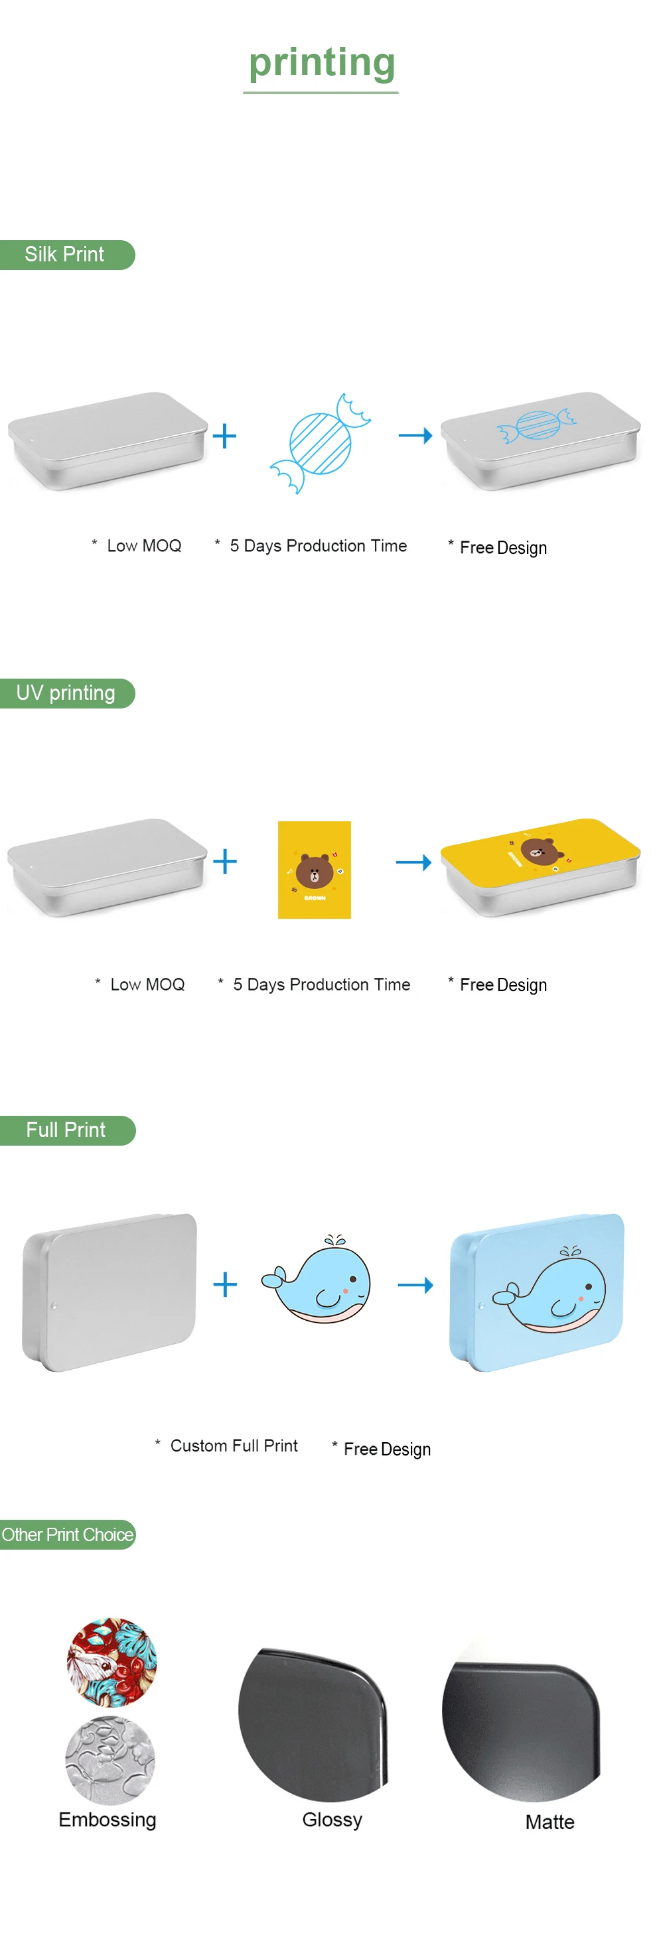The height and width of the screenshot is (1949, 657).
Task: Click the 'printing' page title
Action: pos(322,62)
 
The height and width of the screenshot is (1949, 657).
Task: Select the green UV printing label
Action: pos(66,693)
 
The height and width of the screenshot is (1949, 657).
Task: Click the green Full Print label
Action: pos(66,1130)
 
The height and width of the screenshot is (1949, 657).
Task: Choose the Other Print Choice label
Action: pos(68,1534)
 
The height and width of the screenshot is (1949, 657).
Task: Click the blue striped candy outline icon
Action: pos(320,442)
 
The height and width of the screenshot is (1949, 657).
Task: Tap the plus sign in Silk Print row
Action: pos(225,436)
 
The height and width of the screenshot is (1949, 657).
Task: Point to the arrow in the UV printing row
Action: pos(413,862)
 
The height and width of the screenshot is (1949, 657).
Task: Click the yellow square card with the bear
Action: pos(314,869)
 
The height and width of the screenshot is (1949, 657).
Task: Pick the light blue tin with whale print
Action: pos(538,1291)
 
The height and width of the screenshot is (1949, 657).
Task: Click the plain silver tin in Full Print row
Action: pos(110,1291)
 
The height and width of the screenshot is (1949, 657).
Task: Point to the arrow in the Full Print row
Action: pos(415,1285)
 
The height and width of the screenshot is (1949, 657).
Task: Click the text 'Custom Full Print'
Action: pos(233,1446)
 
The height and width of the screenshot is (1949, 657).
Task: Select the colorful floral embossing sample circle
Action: pos(112,1662)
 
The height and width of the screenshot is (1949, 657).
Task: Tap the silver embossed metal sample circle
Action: pos(111,1760)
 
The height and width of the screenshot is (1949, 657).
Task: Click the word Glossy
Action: pos(332,1820)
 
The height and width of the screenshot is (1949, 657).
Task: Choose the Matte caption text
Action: pos(549,1822)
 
